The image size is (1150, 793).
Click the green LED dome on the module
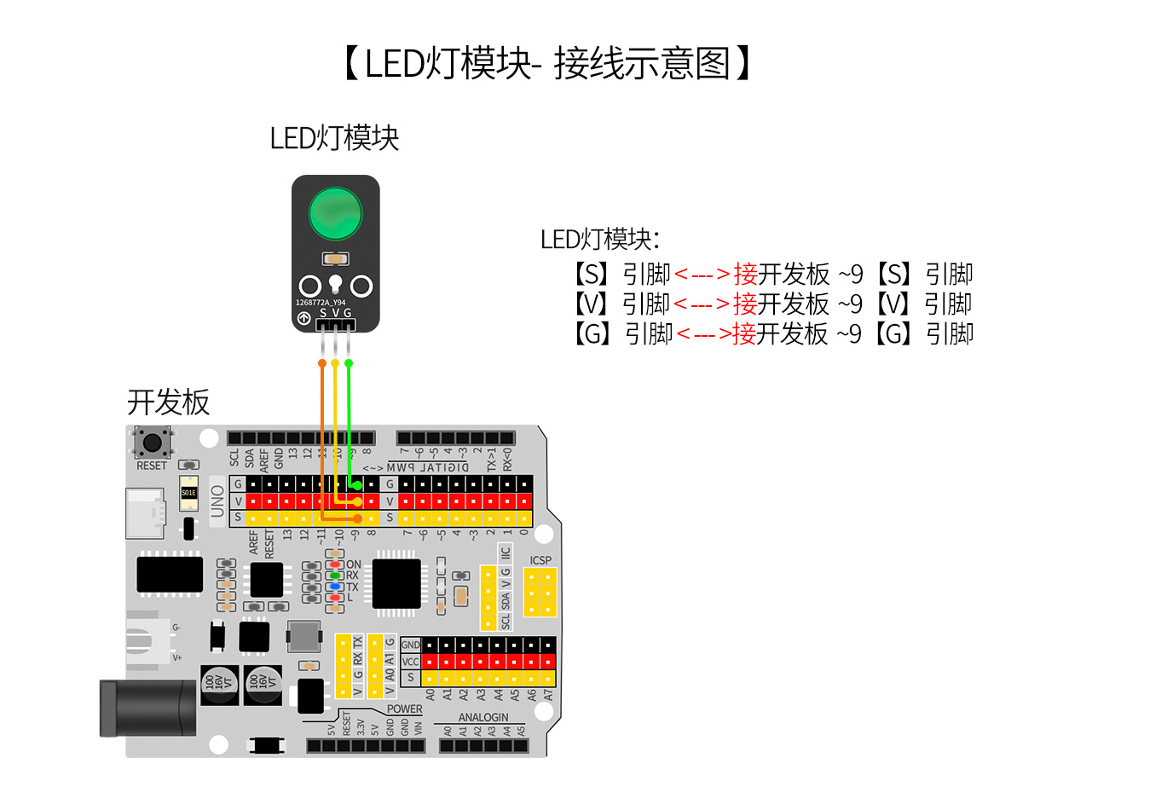tap(335, 214)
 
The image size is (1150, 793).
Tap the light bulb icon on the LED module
tap(335, 283)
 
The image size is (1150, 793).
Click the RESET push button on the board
tap(152, 442)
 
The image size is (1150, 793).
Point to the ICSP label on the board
tap(540, 560)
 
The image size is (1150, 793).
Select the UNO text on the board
tap(217, 501)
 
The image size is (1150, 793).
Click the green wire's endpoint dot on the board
tap(359, 485)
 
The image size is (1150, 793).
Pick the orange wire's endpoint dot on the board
tap(358, 518)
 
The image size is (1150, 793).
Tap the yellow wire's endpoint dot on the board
tap(358, 501)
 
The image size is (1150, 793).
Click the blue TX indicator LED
tap(335, 587)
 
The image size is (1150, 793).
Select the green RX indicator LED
tap(335, 576)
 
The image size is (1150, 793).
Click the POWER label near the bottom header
tap(404, 709)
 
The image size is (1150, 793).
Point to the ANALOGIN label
tap(483, 718)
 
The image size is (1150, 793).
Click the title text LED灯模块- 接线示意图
tap(546, 64)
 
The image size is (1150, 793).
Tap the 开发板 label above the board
tap(168, 402)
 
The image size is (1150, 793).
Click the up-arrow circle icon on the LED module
tap(303, 318)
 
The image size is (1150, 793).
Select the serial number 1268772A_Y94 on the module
tap(321, 303)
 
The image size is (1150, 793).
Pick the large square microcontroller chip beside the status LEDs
tap(396, 583)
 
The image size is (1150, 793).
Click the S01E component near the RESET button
tap(188, 493)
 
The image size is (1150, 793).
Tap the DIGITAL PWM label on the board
tap(427, 467)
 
